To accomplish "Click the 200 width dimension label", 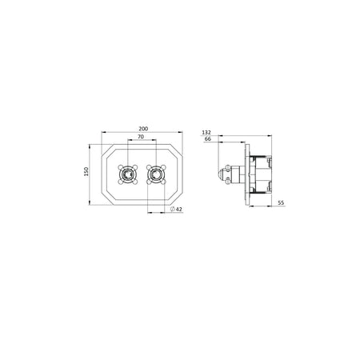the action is click(143, 129).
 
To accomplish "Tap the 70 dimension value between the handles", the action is click(141, 137).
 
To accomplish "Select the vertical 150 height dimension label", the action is click(86, 171).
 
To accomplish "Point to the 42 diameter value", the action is click(179, 210).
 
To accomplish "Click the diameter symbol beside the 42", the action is click(173, 210).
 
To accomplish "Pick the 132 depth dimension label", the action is click(206, 132).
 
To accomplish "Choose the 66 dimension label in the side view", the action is click(208, 139).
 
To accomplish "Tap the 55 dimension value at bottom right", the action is click(281, 202).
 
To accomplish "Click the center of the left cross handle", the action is click(128, 174).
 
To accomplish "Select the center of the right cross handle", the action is click(156, 174).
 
